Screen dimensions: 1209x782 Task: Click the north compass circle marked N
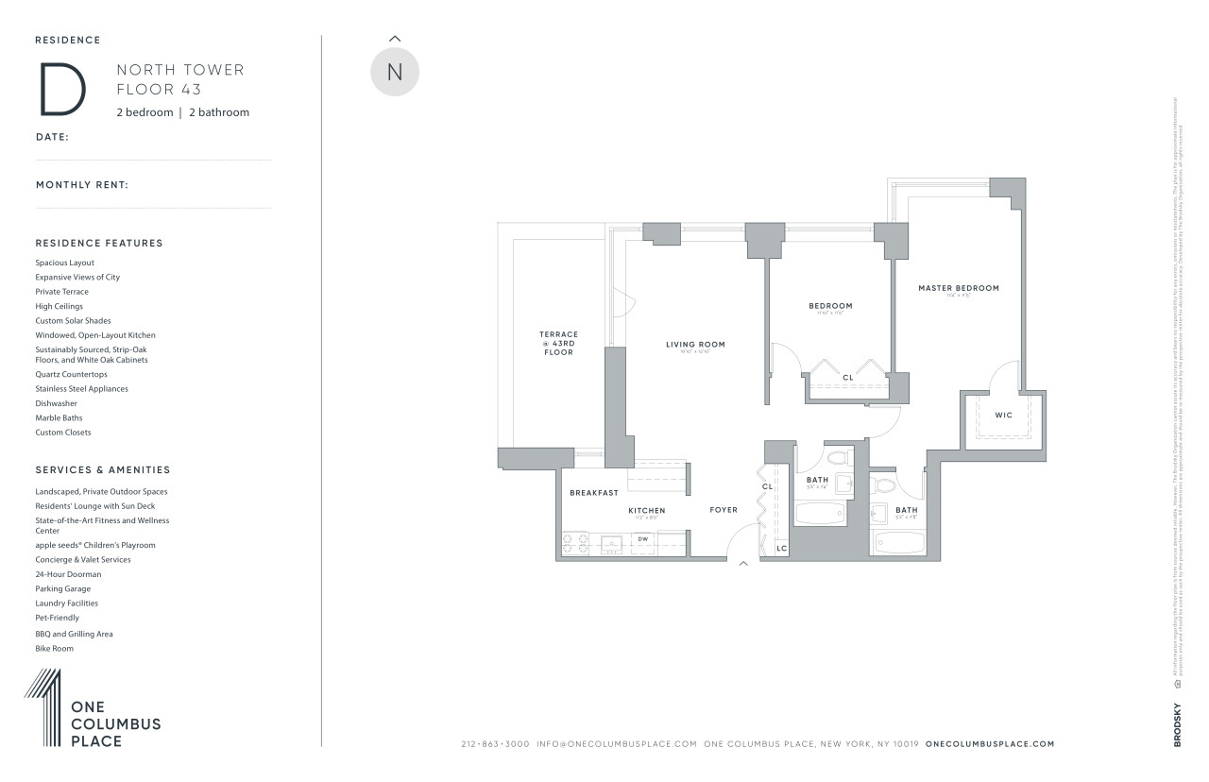[x=395, y=72]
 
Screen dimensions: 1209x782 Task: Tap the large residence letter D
[x=62, y=89]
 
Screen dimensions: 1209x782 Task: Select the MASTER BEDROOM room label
[x=958, y=288]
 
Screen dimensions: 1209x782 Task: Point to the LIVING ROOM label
[x=695, y=345]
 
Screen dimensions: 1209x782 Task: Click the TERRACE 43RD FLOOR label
[x=558, y=343]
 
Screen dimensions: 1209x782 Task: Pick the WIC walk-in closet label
[x=1003, y=415]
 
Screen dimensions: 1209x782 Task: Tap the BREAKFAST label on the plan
[x=594, y=493]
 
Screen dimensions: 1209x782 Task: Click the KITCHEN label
[x=647, y=511]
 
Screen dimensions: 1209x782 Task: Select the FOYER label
[x=724, y=510]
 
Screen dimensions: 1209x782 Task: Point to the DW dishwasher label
[x=643, y=539]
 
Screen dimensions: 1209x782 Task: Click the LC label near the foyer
[x=781, y=548]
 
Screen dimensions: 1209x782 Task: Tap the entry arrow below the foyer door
[x=743, y=564]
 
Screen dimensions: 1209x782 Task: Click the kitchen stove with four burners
[x=574, y=544]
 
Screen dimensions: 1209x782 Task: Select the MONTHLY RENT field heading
[x=82, y=185]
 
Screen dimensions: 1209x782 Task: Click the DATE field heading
[x=52, y=137]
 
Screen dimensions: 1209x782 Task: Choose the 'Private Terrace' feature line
[x=61, y=292]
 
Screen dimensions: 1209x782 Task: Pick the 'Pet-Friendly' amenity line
[x=57, y=618]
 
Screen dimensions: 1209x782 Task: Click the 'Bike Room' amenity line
[x=54, y=649]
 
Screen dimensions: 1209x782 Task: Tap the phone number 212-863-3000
[x=495, y=744]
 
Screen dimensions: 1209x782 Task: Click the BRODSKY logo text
[x=1178, y=725]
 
